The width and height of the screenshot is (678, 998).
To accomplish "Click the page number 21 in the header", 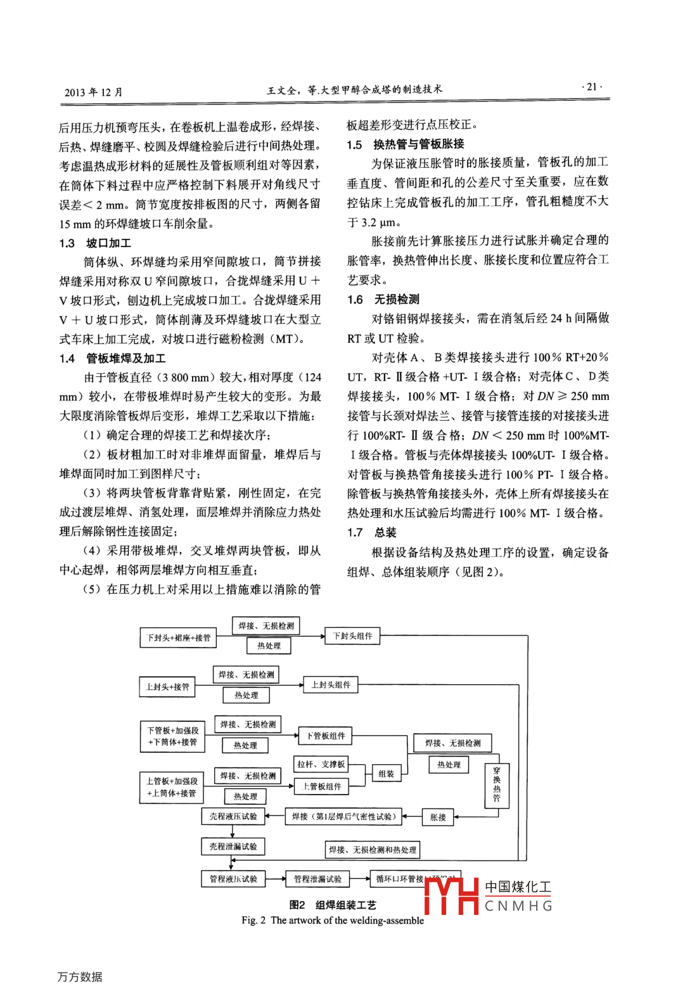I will click(592, 87).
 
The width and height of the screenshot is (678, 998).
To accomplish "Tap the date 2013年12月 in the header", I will click(93, 92).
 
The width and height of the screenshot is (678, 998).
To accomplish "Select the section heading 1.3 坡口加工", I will click(95, 243).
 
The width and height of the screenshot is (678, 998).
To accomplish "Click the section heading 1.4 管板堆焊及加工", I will click(113, 359).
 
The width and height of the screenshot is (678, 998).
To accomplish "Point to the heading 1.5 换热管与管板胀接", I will click(406, 144).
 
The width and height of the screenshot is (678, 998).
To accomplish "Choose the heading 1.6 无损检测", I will click(383, 299).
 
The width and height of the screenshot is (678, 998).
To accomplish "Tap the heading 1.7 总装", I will click(372, 532).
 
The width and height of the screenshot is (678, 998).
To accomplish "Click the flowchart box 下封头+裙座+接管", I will click(178, 637).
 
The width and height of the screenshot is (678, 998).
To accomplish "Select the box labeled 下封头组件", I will click(352, 636).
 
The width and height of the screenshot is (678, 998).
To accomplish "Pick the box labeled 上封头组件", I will click(330, 684).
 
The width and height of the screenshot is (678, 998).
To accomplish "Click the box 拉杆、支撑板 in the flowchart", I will click(321, 764).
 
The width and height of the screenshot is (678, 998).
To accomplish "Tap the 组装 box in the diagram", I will click(386, 774).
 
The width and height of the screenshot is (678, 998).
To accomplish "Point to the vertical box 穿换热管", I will click(496, 784).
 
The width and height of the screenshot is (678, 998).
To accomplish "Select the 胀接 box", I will click(438, 817).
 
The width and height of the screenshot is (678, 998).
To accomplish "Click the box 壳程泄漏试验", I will click(233, 846).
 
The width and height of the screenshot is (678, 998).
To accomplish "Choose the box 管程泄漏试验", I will click(317, 879).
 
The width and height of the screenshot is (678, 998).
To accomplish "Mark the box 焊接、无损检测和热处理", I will click(373, 850).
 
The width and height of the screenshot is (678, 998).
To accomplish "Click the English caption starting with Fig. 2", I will click(333, 920).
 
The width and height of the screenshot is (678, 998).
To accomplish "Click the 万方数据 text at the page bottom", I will click(80, 976).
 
